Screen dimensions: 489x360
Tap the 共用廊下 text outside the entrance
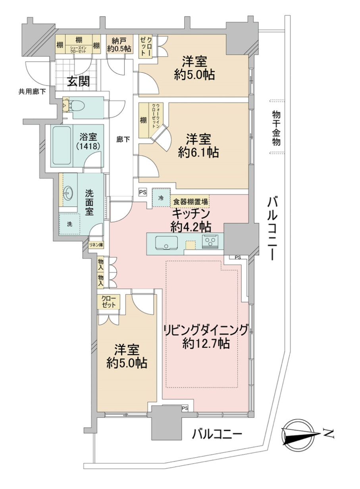tap(32, 92)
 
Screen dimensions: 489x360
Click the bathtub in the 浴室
tap(62, 146)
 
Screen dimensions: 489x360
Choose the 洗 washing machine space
tap(69, 224)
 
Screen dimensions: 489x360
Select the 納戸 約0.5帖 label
tap(120, 44)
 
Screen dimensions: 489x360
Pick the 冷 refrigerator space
tap(161, 198)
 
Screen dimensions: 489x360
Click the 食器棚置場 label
tap(190, 201)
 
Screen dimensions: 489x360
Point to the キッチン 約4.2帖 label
tap(191, 220)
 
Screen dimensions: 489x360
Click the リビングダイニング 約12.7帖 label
tap(206, 336)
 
